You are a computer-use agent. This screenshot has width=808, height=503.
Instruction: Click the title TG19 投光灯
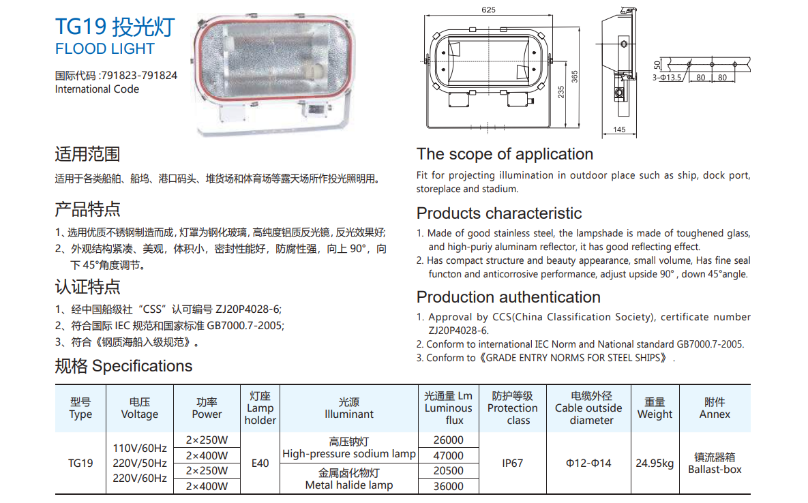115,27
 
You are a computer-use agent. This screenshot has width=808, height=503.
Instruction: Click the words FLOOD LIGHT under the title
104,49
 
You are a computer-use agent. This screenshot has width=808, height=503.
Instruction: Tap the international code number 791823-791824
139,75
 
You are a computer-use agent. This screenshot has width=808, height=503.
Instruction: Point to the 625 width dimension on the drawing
488,10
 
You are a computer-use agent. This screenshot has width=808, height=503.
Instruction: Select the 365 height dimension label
575,77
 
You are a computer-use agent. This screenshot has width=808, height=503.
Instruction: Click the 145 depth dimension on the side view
619,129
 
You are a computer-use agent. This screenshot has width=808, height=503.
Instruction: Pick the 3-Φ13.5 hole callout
667,78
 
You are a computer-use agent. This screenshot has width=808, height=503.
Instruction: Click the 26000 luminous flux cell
448,440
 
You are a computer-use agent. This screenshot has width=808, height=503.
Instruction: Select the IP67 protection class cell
512,463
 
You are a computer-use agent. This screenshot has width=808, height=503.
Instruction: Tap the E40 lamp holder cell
260,463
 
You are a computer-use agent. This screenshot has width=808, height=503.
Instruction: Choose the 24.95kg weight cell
655,463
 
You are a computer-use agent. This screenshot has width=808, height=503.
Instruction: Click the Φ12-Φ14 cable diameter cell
588,463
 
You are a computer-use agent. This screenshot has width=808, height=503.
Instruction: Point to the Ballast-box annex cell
715,470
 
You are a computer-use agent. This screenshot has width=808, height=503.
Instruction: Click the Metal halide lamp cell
349,485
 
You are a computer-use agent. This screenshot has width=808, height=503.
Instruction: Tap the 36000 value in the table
448,486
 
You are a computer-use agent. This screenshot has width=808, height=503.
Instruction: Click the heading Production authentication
509,297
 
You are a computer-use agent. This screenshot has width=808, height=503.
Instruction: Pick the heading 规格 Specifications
123,366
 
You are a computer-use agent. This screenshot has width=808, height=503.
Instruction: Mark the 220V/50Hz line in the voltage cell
140,463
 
